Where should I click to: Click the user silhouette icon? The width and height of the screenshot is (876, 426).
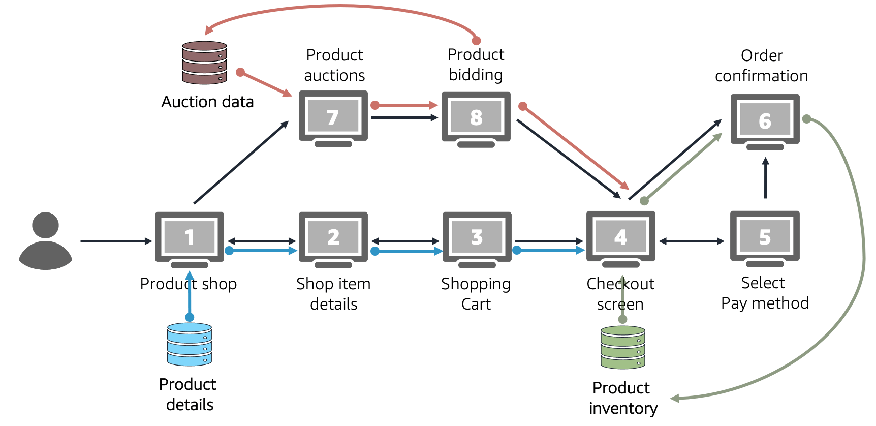tap(45, 240)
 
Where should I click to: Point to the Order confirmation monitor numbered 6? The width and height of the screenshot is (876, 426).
tap(765, 121)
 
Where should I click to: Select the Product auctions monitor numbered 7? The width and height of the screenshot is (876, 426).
tap(333, 117)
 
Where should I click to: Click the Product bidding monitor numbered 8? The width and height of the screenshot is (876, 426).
tap(476, 117)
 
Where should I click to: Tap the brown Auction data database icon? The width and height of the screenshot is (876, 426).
tap(204, 63)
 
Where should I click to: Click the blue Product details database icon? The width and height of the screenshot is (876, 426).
tap(190, 344)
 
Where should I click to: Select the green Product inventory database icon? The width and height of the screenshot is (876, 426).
tap(622, 348)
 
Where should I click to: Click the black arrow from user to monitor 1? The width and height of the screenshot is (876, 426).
tap(116, 241)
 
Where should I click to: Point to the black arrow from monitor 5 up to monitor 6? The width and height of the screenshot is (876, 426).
tap(765, 178)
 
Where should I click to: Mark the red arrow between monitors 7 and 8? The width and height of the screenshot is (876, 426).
tap(405, 105)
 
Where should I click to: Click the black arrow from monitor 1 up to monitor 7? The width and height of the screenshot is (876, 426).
tap(241, 163)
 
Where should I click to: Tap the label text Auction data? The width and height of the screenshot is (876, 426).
tap(207, 102)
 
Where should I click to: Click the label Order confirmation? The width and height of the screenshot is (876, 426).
tap(761, 66)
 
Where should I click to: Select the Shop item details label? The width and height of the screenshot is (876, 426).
tap(333, 294)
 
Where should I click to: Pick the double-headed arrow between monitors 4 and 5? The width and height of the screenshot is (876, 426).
tap(692, 241)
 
